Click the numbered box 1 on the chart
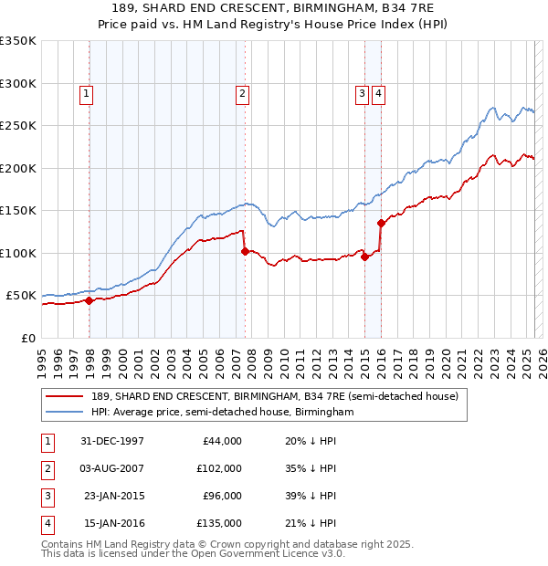(x=85, y=92)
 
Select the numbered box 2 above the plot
(x=242, y=92)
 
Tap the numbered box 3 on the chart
(x=362, y=92)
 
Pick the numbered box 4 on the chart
(x=377, y=92)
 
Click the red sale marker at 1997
(x=90, y=300)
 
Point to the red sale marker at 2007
(x=245, y=251)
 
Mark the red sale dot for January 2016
(x=381, y=223)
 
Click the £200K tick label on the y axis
(x=18, y=168)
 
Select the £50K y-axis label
(x=21, y=296)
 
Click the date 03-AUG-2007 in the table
(x=112, y=467)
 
